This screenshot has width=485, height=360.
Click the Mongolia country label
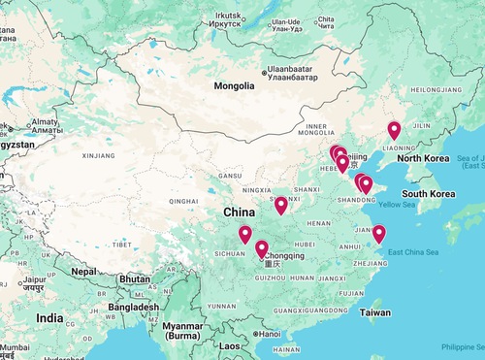[234, 85]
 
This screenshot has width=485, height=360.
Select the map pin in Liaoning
[394, 131]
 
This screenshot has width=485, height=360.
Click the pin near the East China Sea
[379, 234]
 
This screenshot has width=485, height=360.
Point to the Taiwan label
[375, 312]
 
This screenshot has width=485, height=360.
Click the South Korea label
[429, 194]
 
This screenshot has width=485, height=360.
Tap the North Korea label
[422, 158]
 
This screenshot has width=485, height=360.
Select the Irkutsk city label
[230, 13]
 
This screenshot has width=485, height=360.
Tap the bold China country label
[240, 212]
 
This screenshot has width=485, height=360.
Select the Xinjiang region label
[99, 154]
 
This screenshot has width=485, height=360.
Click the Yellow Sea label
[396, 205]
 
